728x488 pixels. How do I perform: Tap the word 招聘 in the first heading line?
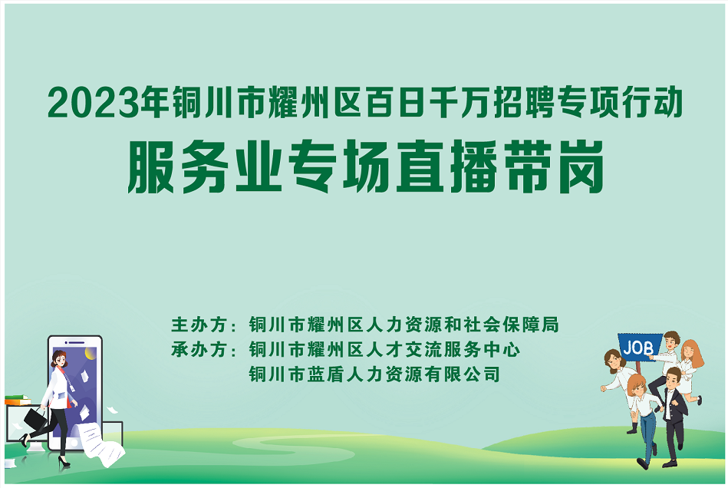[x=524, y=102]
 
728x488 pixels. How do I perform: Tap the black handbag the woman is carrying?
[x=35, y=419]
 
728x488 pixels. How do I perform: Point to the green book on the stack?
[x=17, y=397]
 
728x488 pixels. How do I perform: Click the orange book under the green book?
[x=18, y=401]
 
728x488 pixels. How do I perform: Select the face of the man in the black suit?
[x=672, y=379]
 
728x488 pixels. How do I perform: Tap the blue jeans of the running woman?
[x=648, y=431]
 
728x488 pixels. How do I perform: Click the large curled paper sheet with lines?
[x=100, y=443]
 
